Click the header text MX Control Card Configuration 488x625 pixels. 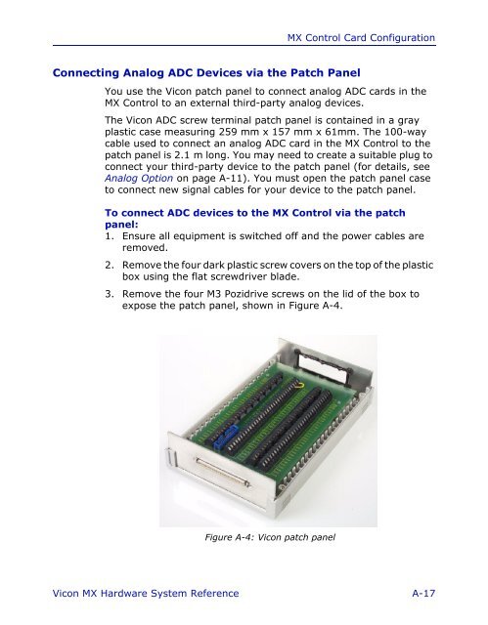pos(361,38)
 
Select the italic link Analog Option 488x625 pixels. pos(139,178)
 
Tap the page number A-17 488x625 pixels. pos(423,593)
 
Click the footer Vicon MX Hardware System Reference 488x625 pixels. pos(146,593)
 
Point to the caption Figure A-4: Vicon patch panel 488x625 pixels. pos(270,537)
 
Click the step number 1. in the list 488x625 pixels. pos(110,236)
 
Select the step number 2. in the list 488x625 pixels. pos(110,265)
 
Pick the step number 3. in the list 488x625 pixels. pos(110,294)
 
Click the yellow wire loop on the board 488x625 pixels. pos(300,385)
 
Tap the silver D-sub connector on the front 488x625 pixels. pos(223,473)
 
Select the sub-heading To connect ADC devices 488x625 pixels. pos(255,219)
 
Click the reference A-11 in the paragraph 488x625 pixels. pos(230,178)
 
